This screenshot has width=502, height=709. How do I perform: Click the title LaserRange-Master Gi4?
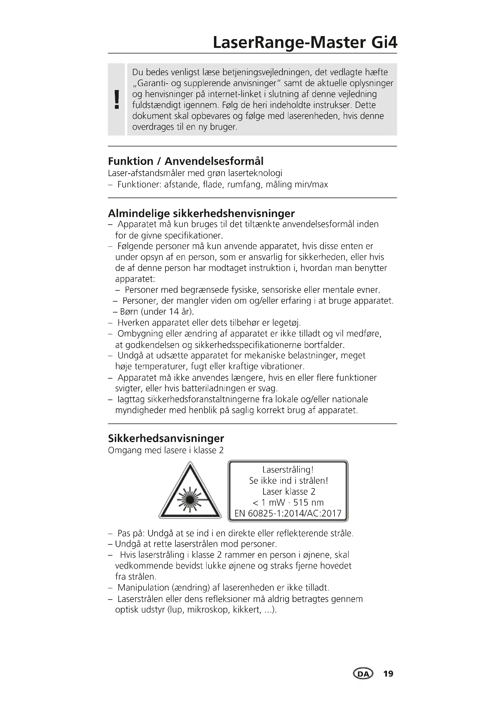click(x=305, y=43)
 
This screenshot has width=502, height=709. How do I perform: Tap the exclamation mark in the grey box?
click(x=117, y=99)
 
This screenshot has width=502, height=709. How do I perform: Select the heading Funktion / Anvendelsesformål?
click(x=185, y=161)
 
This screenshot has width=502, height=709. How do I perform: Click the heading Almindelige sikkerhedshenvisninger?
click(x=201, y=213)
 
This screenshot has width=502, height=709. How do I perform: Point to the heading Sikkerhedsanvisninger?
click(x=166, y=438)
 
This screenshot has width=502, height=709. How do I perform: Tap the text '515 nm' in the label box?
click(x=308, y=502)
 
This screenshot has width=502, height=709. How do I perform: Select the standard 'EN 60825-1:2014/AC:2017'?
click(x=288, y=513)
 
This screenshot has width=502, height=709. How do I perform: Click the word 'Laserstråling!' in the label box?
click(x=288, y=470)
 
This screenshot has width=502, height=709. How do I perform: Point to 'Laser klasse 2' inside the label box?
click(x=288, y=491)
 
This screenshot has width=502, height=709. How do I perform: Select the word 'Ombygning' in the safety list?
click(x=140, y=333)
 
